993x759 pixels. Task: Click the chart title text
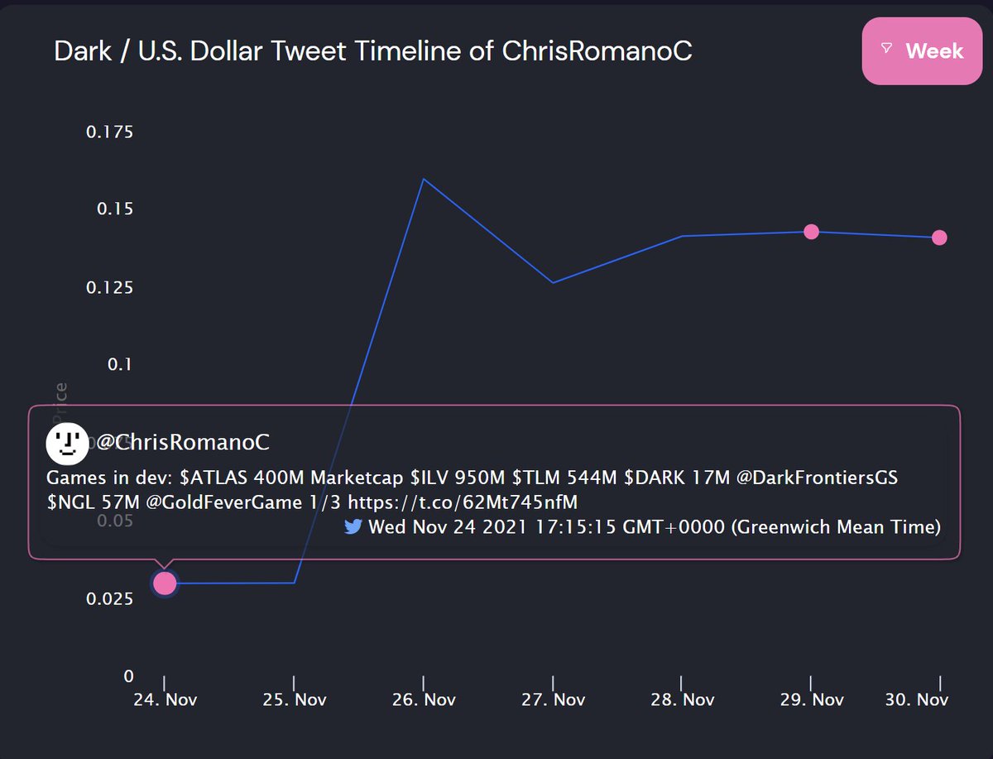373,51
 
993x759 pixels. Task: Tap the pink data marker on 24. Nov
165,584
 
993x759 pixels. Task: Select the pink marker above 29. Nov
811,232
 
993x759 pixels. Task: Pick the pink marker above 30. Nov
939,238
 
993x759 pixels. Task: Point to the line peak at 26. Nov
424,179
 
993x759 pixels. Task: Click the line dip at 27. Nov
553,283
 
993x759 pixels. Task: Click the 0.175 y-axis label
109,132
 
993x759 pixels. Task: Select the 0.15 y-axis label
114,209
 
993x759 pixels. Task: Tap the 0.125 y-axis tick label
109,287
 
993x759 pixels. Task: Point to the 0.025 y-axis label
109,598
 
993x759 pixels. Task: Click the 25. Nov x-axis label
295,700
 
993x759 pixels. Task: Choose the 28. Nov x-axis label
682,700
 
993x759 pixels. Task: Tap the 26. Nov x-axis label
424,700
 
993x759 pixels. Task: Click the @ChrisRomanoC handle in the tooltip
183,443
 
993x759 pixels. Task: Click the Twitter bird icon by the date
353,527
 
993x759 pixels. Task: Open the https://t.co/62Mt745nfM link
462,502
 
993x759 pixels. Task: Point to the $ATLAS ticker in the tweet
209,478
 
